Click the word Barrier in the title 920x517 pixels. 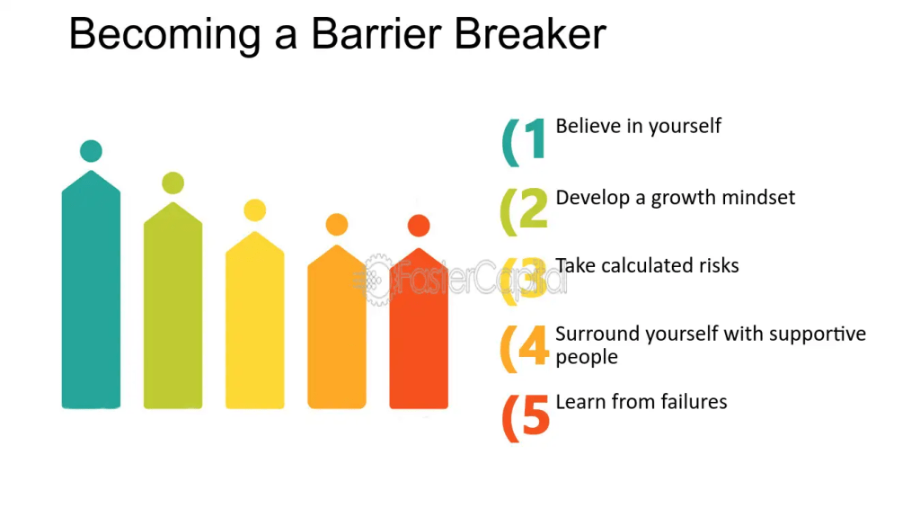[x=376, y=34]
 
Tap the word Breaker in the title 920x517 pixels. [x=530, y=34]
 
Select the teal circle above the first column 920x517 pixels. [x=91, y=151]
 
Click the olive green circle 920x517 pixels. [x=173, y=183]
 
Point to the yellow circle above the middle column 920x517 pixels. [x=254, y=210]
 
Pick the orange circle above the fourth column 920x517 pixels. [x=337, y=225]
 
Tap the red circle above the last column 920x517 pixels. [x=419, y=226]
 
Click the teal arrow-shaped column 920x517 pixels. [x=91, y=290]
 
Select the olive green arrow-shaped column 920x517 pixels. [x=173, y=306]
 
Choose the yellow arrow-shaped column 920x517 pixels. [x=254, y=320]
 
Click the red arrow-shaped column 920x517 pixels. [x=419, y=328]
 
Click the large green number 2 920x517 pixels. [x=534, y=208]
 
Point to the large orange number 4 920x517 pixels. [x=534, y=345]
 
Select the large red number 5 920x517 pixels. [x=535, y=414]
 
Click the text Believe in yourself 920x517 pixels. [x=639, y=126]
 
